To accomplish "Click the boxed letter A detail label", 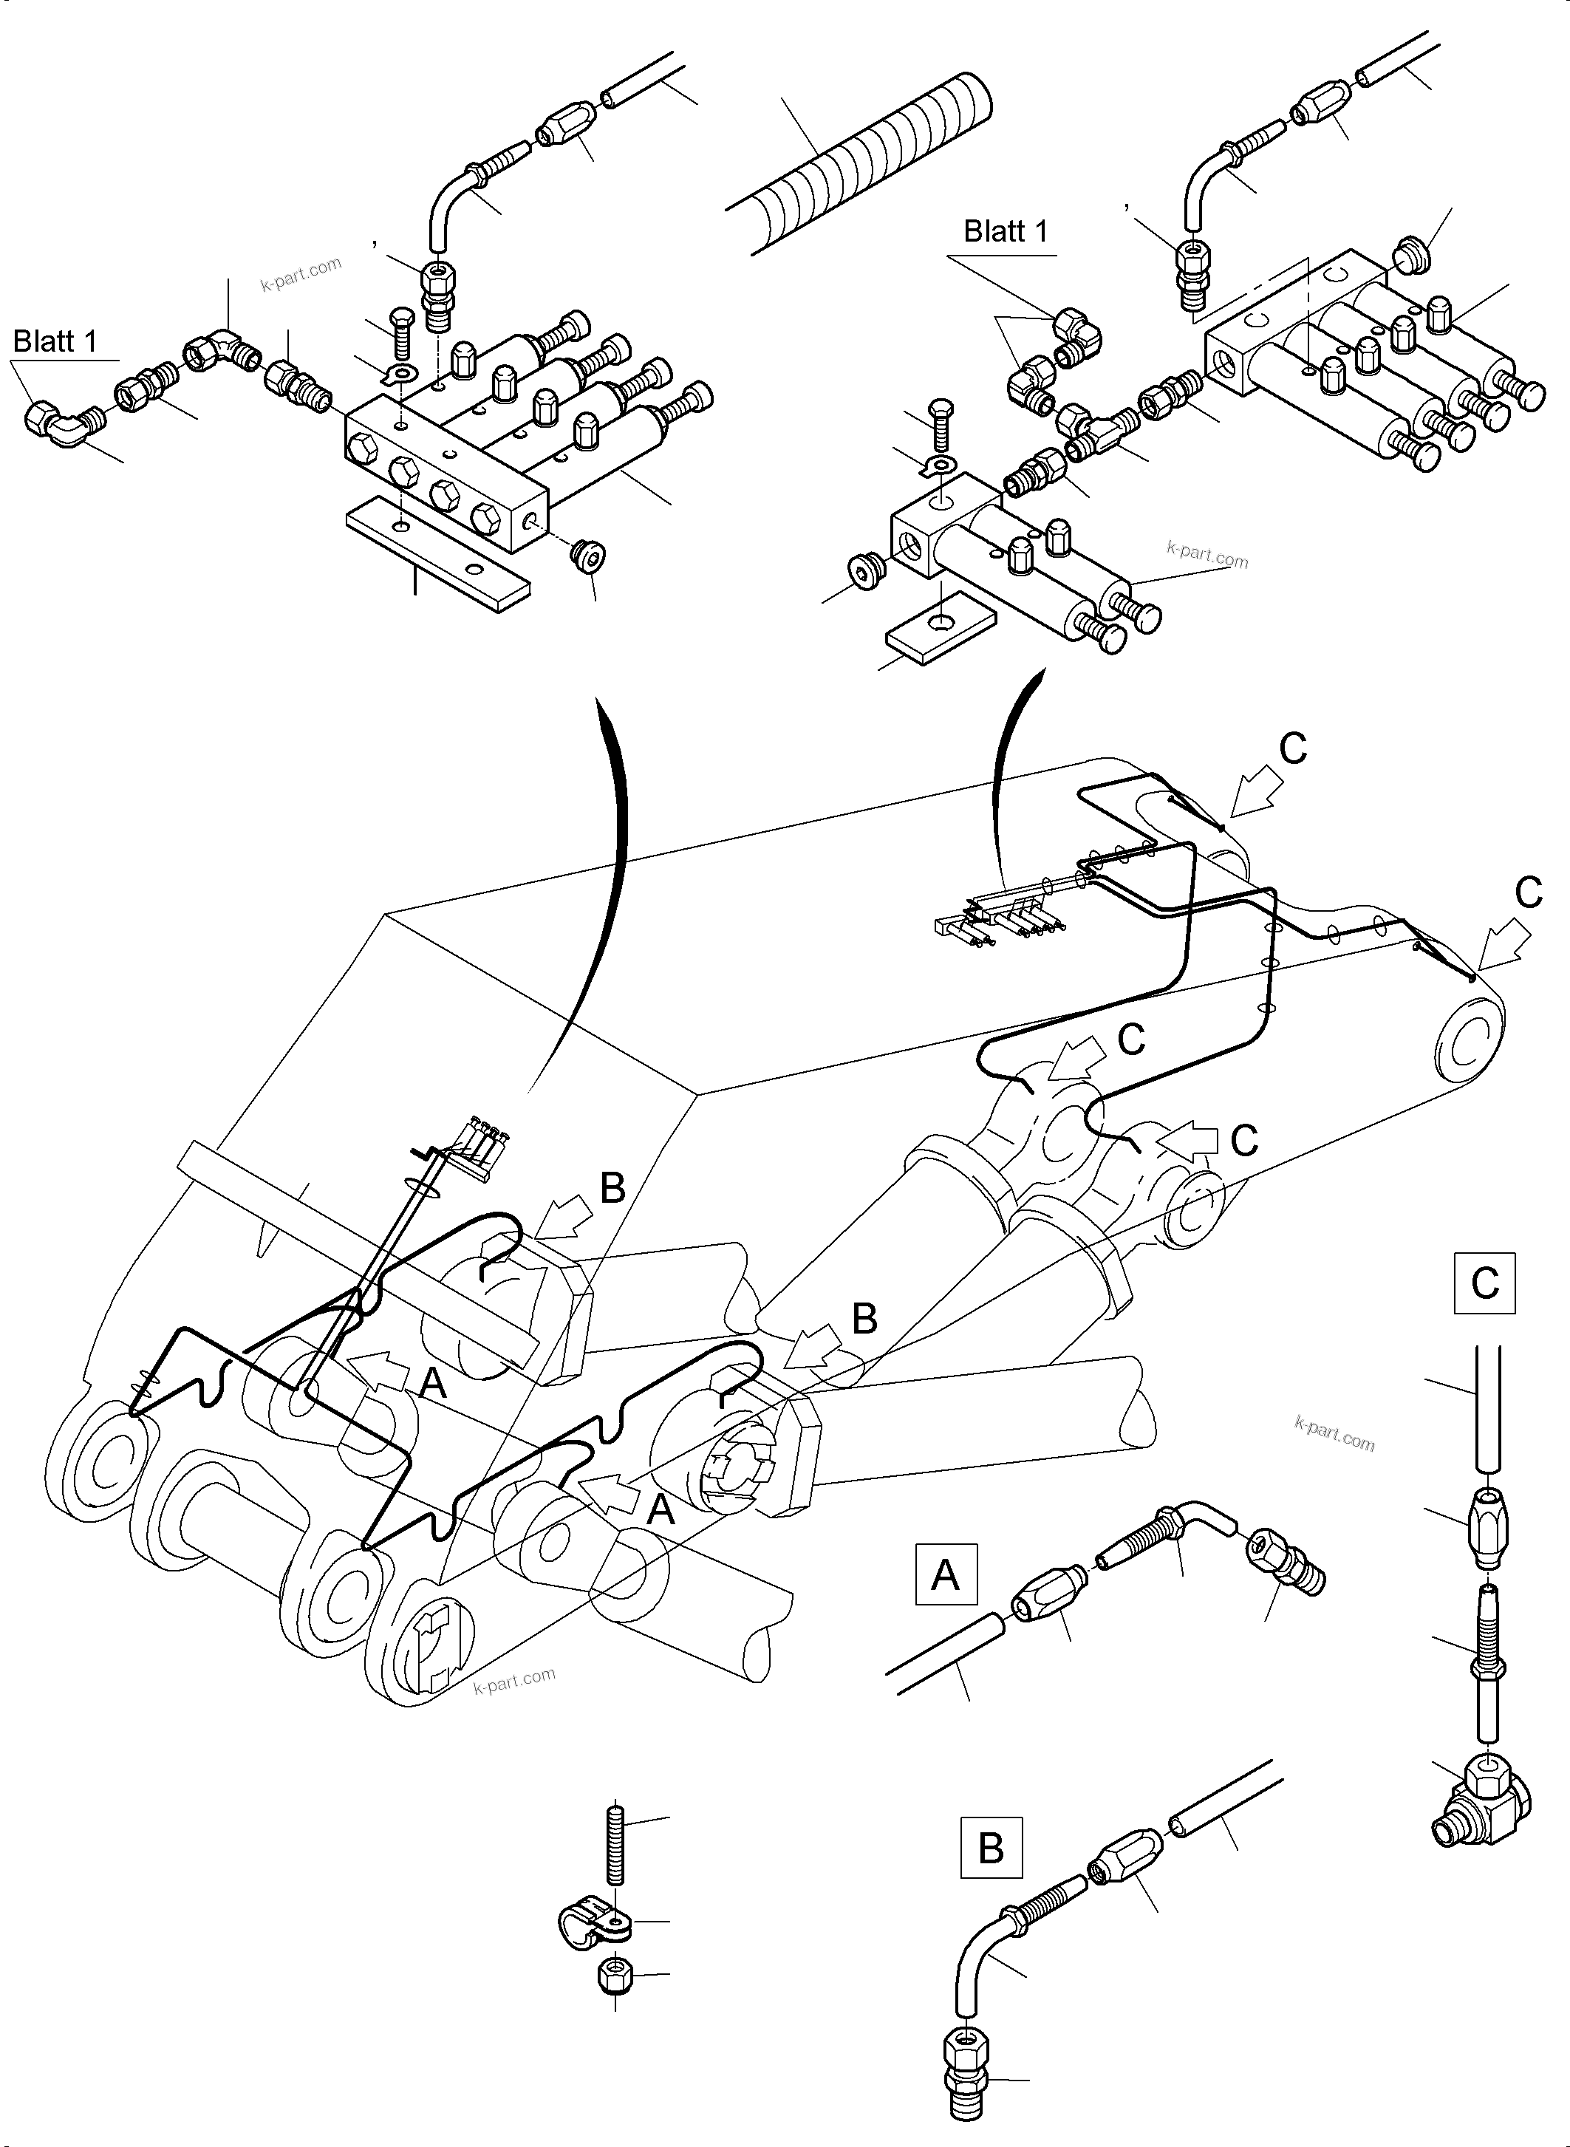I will (x=945, y=1576).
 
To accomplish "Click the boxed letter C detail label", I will (x=1484, y=1284).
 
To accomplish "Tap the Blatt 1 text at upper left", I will (x=55, y=341).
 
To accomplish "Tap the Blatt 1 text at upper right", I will (x=1006, y=231).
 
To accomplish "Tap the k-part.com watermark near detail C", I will (x=1334, y=1434).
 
